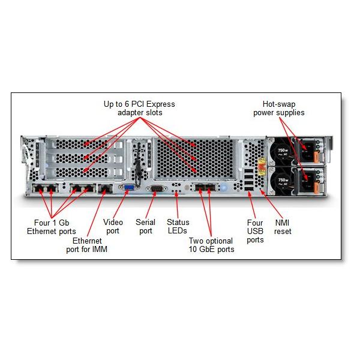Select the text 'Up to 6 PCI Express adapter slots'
[x=139, y=108]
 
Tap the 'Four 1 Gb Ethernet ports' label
[x=51, y=227]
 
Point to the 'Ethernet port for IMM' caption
[x=87, y=245]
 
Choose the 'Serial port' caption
[x=145, y=226]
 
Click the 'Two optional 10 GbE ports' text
[x=211, y=245]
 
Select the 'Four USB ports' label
[x=255, y=231]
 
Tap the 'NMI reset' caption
[x=283, y=226]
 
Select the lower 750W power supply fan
[x=283, y=181]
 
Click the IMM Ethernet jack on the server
[x=104, y=190]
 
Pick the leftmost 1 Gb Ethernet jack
[x=39, y=191]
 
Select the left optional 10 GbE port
[x=199, y=191]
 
